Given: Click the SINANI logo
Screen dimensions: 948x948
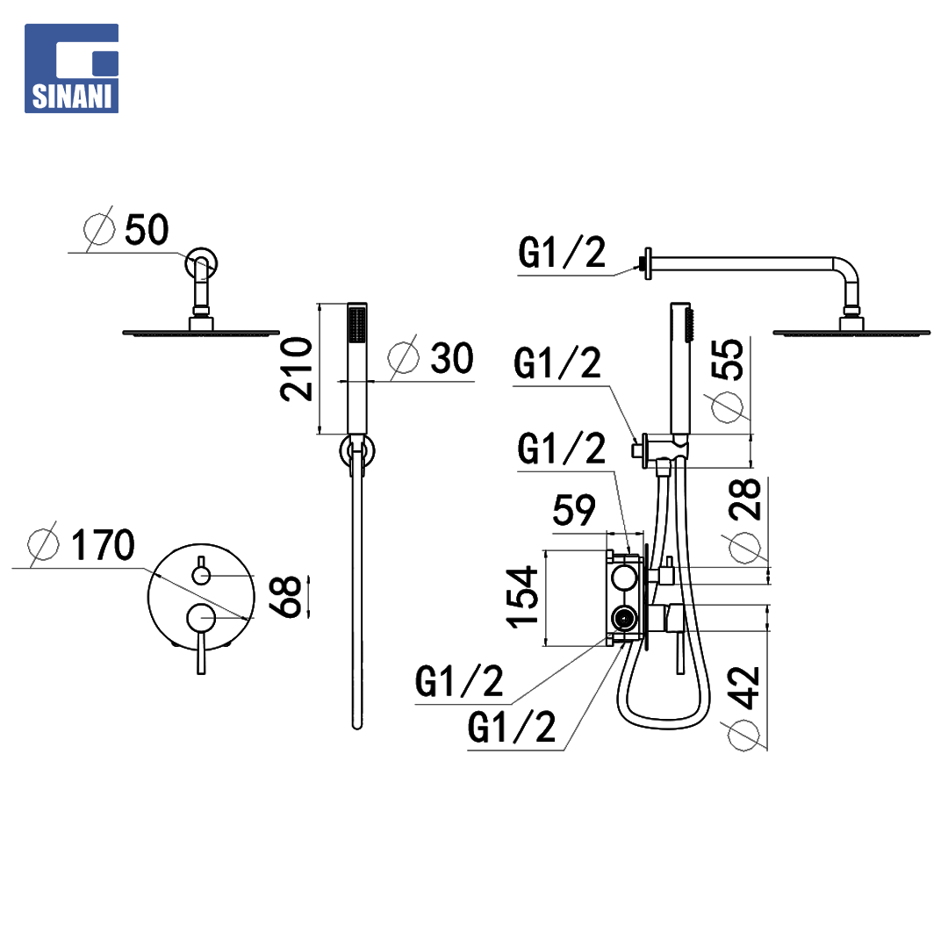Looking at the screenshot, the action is (71, 68).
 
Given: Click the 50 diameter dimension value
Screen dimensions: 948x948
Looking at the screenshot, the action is (147, 230).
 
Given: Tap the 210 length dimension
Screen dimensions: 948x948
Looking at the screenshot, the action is (297, 370).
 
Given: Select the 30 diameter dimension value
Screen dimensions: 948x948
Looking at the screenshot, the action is (452, 358).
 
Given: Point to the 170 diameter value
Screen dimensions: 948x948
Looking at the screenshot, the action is (103, 545).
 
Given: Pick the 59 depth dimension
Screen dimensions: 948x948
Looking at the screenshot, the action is (574, 510).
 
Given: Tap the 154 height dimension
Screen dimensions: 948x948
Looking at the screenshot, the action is (521, 598).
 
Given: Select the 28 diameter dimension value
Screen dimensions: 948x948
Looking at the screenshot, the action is (745, 499).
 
